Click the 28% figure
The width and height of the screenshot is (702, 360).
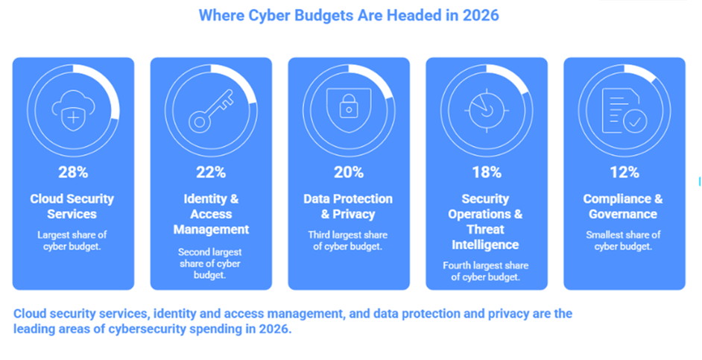point(73,172)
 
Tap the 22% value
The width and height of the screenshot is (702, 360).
point(211,172)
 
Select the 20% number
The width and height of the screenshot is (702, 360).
point(349,172)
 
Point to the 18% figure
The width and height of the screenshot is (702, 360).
point(486,172)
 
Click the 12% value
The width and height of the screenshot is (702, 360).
point(624,172)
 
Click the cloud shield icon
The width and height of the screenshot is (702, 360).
point(73,111)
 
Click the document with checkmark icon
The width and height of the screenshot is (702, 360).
point(624,111)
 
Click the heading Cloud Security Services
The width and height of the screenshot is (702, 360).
point(73,206)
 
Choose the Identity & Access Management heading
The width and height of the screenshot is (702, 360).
point(211,214)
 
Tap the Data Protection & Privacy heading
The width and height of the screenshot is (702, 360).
point(349,206)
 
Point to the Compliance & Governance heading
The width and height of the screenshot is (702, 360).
point(624,206)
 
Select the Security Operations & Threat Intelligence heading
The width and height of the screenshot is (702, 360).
point(486,221)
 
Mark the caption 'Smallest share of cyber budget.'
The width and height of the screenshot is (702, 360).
point(624,241)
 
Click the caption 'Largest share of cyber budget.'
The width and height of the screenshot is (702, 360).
point(73,241)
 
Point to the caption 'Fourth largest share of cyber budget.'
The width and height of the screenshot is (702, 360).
point(486,271)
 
